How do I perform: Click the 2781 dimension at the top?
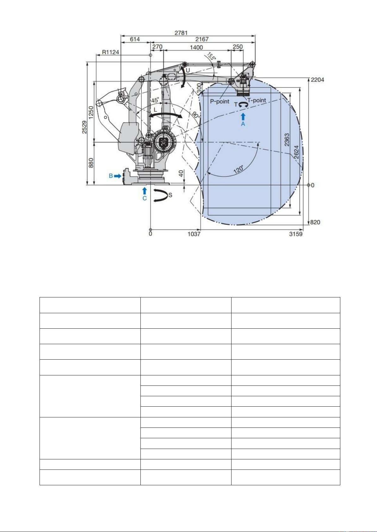click(x=181, y=33)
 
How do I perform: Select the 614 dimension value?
click(x=135, y=39)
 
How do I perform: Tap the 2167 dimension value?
click(x=202, y=39)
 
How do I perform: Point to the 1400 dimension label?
click(x=196, y=47)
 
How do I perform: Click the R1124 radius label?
click(x=110, y=52)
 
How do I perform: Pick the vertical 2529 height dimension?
click(x=84, y=127)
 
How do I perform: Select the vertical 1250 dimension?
click(x=91, y=113)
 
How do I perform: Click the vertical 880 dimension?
click(x=91, y=163)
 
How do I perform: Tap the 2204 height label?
click(x=317, y=80)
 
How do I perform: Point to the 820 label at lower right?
click(x=315, y=222)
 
